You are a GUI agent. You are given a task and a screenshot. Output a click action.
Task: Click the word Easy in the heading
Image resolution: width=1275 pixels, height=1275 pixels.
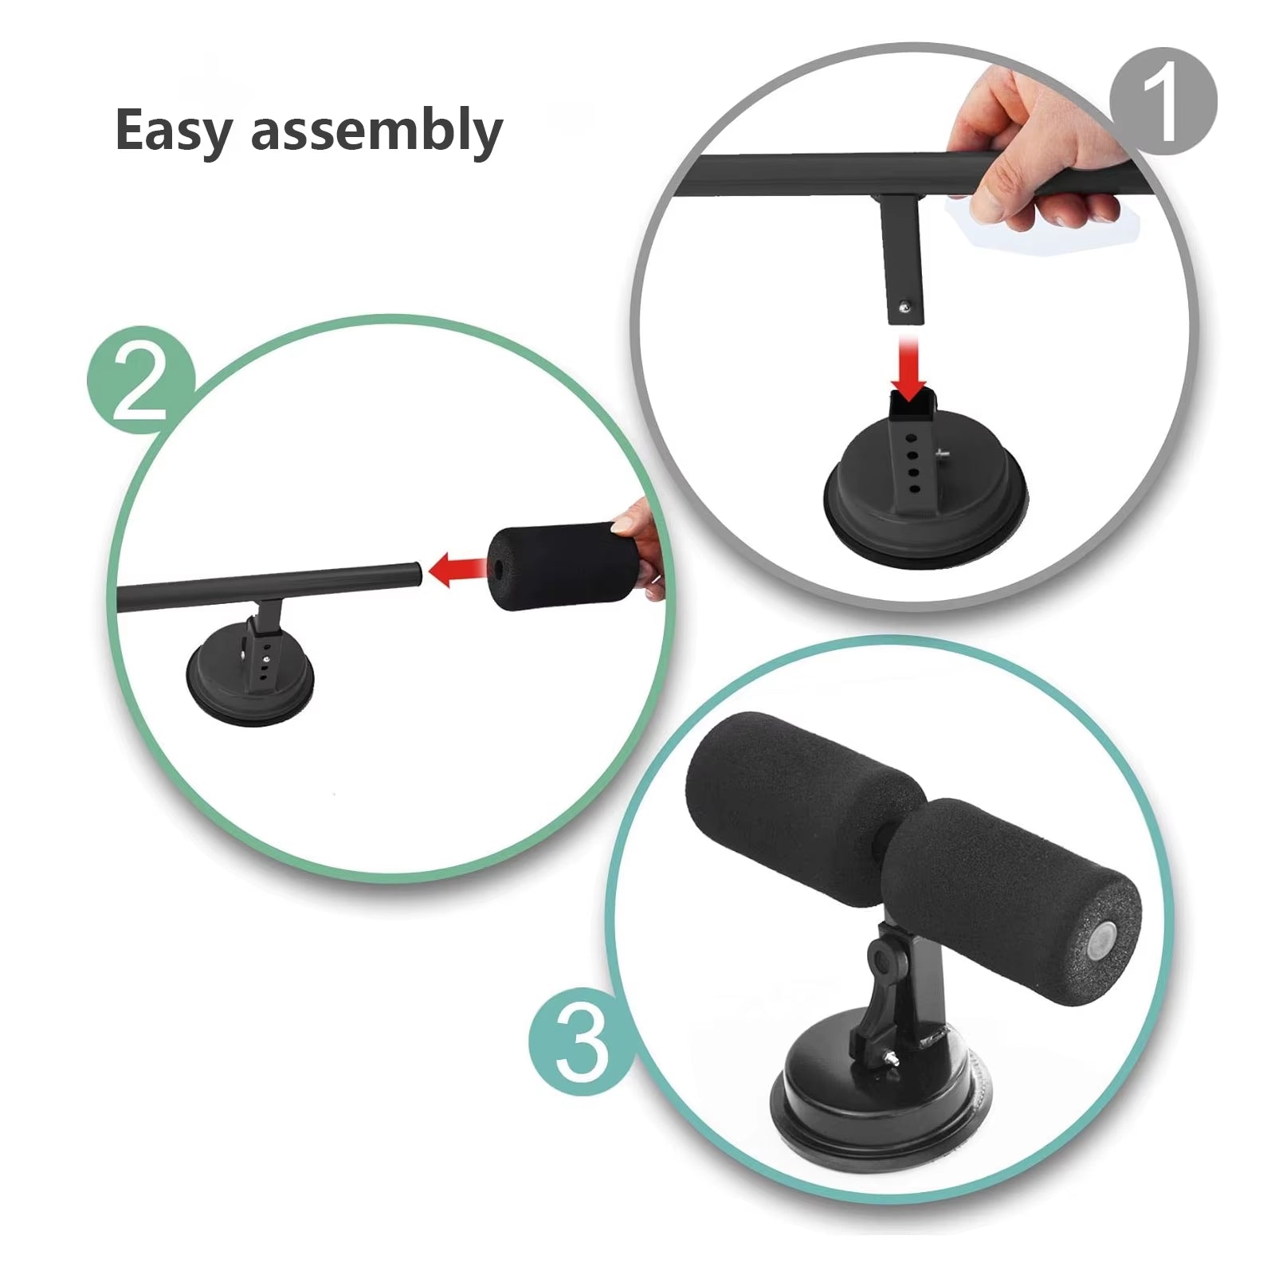click(x=175, y=131)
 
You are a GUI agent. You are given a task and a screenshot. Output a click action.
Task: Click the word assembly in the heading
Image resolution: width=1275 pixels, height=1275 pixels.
click(x=376, y=131)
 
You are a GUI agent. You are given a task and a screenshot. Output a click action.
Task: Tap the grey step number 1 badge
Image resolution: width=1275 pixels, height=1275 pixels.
click(x=1163, y=101)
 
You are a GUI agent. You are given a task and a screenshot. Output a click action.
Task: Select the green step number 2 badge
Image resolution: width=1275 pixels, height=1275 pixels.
click(x=141, y=380)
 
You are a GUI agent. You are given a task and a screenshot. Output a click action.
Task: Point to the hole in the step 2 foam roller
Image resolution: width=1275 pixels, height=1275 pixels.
click(x=498, y=568)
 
